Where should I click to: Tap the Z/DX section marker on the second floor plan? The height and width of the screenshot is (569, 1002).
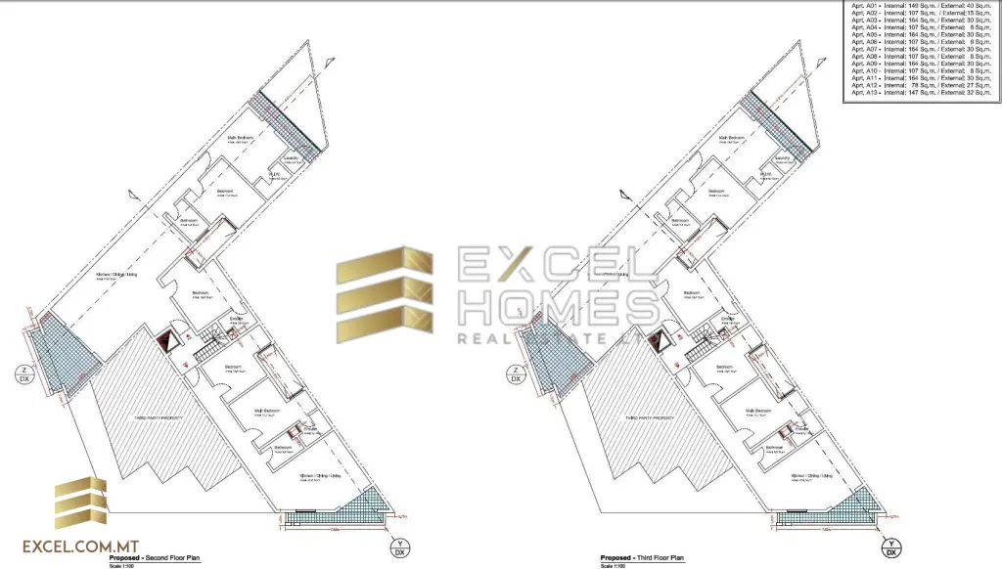pos(21,374)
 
